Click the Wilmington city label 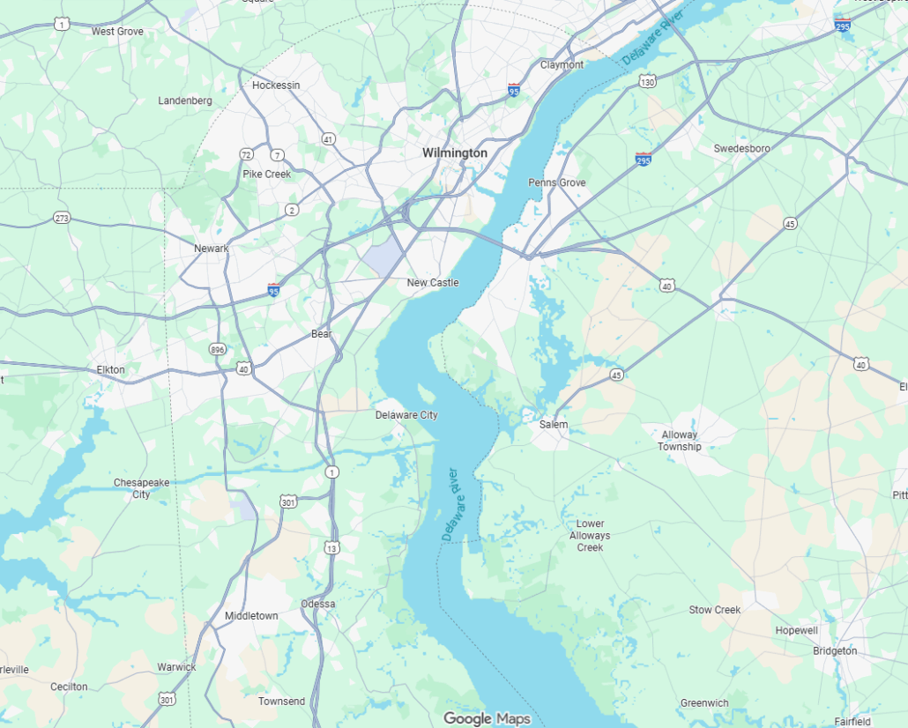(x=454, y=152)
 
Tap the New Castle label (x=432, y=283)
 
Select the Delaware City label (x=406, y=415)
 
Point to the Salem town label (x=554, y=425)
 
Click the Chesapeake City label (x=141, y=488)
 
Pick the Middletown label (x=251, y=616)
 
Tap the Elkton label (x=111, y=370)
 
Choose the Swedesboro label (x=741, y=149)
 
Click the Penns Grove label (x=556, y=182)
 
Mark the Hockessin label (x=276, y=85)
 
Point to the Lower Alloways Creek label (x=590, y=536)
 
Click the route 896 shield (x=217, y=350)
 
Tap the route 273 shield (x=61, y=218)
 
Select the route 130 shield (x=648, y=82)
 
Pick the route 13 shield (x=331, y=548)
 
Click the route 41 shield (x=329, y=139)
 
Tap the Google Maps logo (x=487, y=719)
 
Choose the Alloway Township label (x=679, y=441)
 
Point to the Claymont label (x=562, y=65)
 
